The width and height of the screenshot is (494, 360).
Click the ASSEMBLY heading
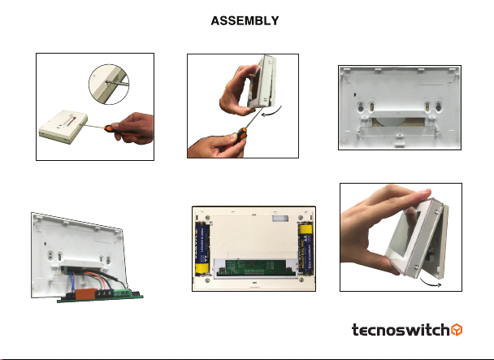(x=245, y=21)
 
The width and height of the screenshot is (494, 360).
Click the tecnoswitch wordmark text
(x=401, y=330)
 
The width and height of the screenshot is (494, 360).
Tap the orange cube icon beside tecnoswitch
(x=457, y=330)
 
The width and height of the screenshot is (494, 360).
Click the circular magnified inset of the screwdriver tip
(x=109, y=85)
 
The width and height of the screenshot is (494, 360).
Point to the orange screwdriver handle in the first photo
(x=122, y=132)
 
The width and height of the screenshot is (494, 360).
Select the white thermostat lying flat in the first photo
(x=63, y=127)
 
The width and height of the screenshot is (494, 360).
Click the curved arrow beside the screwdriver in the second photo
(x=271, y=111)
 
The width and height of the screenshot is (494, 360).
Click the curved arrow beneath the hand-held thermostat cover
(x=431, y=283)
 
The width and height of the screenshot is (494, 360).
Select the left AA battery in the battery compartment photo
(x=202, y=248)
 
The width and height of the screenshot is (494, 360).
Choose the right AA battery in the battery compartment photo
(x=305, y=248)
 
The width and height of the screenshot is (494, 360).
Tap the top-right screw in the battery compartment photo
(x=301, y=218)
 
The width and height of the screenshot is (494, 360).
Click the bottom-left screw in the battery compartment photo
(x=207, y=280)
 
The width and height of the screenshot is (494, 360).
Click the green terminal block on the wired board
(x=122, y=293)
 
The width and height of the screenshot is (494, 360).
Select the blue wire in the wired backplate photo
(x=72, y=282)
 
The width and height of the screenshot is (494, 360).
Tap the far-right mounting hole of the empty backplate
(x=438, y=107)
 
